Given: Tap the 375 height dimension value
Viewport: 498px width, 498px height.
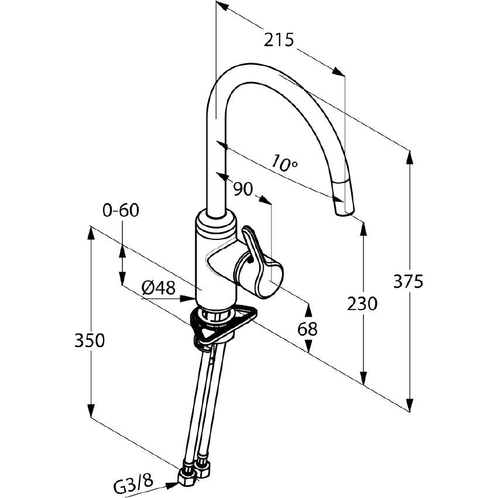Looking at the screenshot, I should point(408,282).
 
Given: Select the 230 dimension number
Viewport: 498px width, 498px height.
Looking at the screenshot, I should point(362,304).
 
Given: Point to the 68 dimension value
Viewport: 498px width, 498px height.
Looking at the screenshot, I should point(307,329).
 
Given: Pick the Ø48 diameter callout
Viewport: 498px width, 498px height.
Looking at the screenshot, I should point(158,287).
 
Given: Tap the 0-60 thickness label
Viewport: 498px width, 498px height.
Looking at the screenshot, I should point(120,210).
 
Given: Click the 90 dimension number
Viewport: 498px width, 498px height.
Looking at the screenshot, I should point(242,189).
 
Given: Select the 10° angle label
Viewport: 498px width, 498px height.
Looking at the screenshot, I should point(285,163).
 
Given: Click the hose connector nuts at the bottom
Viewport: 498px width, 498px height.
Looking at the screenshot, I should point(195,470).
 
